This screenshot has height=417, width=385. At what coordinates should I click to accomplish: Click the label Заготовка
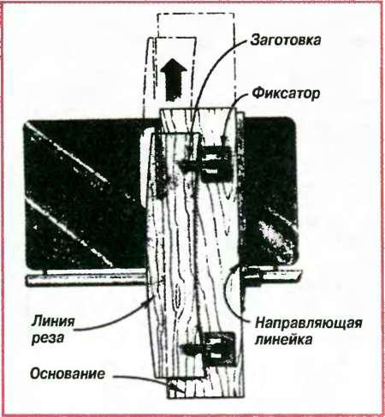286,40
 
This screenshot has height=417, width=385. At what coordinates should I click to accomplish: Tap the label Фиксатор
286,93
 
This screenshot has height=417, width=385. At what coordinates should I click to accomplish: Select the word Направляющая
309,325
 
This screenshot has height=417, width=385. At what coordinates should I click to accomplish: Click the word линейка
283,340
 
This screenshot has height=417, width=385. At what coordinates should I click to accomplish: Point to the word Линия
53,322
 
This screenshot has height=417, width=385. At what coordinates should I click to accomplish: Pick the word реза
47,339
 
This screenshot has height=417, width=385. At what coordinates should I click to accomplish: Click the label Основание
68,374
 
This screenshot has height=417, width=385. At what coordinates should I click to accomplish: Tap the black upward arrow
173,79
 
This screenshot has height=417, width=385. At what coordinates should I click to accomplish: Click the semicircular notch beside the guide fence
232,289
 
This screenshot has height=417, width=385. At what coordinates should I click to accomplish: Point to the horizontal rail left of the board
86,279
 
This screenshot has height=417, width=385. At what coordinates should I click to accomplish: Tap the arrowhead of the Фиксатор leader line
224,140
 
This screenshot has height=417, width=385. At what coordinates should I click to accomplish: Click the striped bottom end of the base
205,387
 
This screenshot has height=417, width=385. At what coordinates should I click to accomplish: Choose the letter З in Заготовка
254,40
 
